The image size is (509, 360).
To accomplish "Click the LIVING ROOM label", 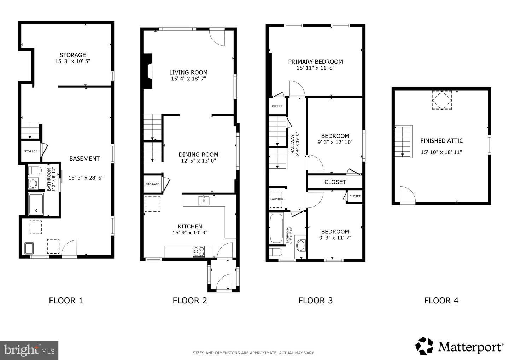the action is pyautogui.click(x=188, y=72).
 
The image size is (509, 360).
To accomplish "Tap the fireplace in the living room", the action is pyautogui.click(x=148, y=71).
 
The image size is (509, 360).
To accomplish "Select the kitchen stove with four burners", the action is pyautogui.click(x=199, y=251).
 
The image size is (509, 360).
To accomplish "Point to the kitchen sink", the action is pyautogui.click(x=204, y=201).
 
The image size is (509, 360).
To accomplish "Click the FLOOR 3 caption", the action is pyautogui.click(x=315, y=301).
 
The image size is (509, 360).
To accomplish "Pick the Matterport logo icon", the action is pyautogui.click(x=424, y=346).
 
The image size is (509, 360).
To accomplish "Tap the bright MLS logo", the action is pyautogui.click(x=29, y=350).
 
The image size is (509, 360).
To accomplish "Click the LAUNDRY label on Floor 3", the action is pyautogui.click(x=277, y=199).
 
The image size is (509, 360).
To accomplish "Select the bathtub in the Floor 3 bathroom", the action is pyautogui.click(x=276, y=228).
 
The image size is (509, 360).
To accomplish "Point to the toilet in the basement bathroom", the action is pyautogui.click(x=35, y=170).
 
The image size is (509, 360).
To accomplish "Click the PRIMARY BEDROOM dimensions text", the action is pyautogui.click(x=315, y=68).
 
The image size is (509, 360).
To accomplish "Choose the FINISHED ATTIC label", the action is pyautogui.click(x=441, y=141).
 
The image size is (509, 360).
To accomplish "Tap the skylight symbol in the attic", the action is pyautogui.click(x=442, y=100).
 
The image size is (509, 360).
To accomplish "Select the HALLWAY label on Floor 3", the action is pyautogui.click(x=292, y=144).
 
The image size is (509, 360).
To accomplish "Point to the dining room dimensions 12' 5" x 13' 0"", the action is pyautogui.click(x=198, y=161).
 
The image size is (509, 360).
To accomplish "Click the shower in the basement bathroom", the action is pyautogui.click(x=36, y=204).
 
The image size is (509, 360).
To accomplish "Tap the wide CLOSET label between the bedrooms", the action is pyautogui.click(x=335, y=182).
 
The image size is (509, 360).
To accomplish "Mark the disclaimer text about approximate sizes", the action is pyautogui.click(x=253, y=353).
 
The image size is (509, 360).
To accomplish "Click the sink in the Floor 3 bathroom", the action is pyautogui.click(x=300, y=246).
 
